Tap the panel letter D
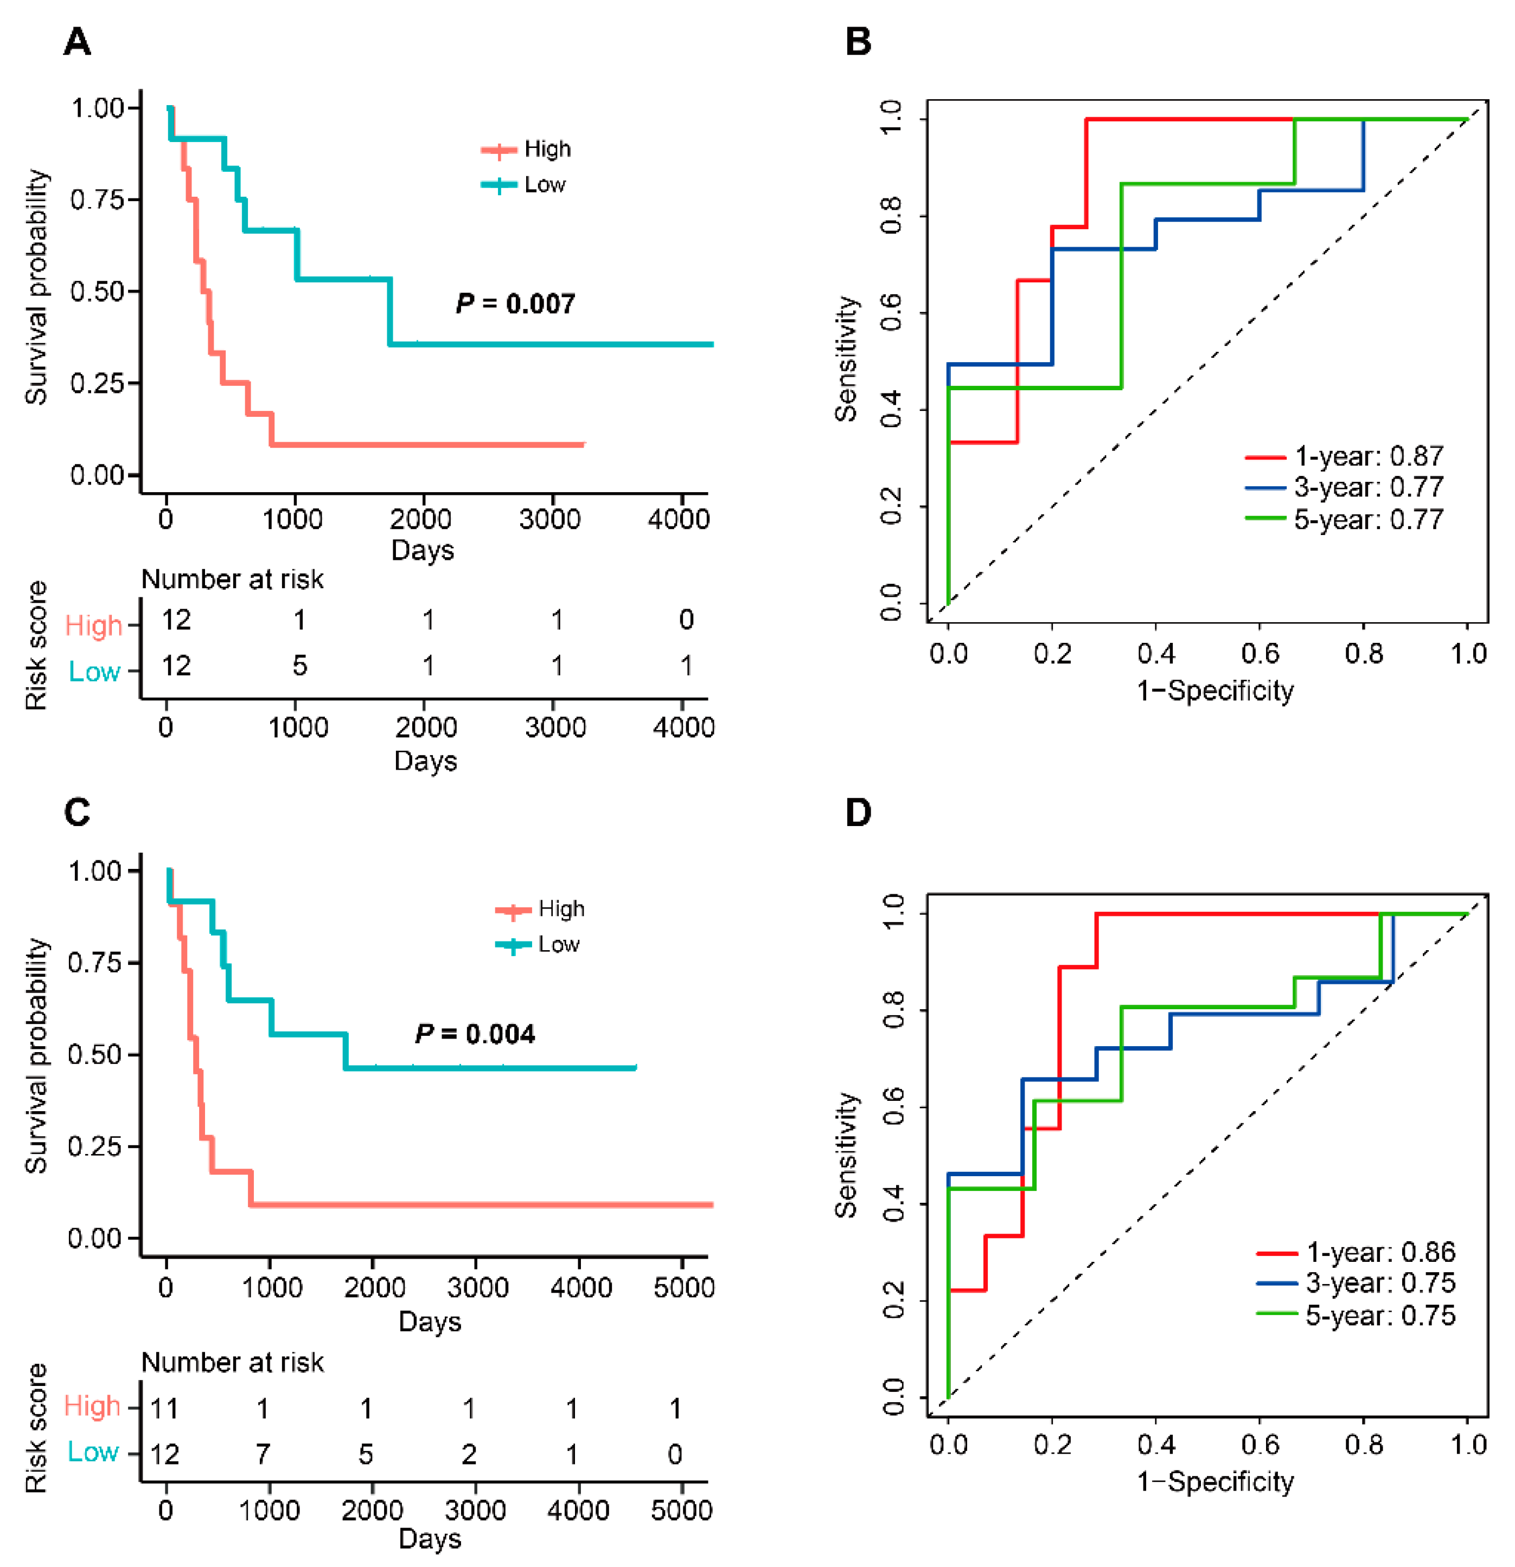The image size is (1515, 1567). (x=858, y=812)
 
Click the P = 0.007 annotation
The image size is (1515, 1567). (x=515, y=304)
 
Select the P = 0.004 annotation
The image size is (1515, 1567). (x=475, y=1034)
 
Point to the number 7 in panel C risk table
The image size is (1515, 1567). (x=263, y=1454)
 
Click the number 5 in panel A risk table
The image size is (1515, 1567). (x=299, y=665)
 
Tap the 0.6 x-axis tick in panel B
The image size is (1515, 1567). (x=1260, y=654)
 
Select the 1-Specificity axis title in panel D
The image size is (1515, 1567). (x=1215, y=1481)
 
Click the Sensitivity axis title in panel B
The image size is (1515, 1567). (x=846, y=358)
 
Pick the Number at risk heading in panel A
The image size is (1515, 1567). (x=232, y=579)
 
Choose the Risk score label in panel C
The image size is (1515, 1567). (x=36, y=1428)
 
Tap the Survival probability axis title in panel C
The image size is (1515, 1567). (x=36, y=1055)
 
